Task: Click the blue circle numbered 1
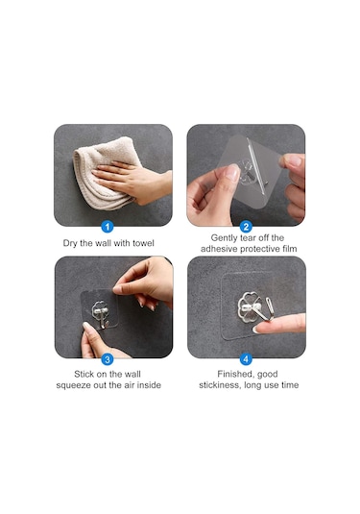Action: coord(108,227)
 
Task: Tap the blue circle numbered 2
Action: coord(246,227)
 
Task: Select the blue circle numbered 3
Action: coord(108,359)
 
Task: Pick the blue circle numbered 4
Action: coord(246,359)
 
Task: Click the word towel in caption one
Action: coord(143,243)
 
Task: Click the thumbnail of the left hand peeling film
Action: coord(232,171)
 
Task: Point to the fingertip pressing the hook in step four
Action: coord(259,329)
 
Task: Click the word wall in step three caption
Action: coord(132,375)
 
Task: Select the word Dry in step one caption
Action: coord(70,243)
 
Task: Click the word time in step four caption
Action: coord(290,385)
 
